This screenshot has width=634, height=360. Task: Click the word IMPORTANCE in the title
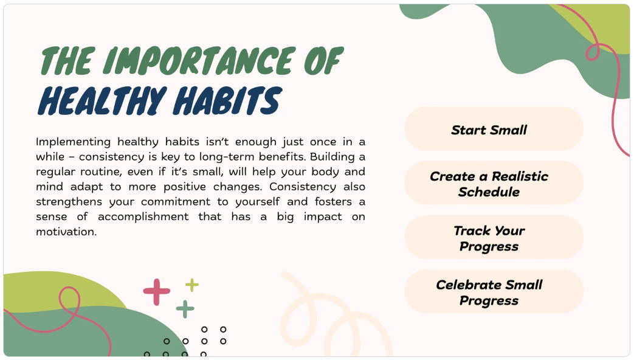click(200, 61)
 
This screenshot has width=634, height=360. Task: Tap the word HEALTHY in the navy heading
click(102, 101)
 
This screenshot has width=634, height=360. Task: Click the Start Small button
click(494, 129)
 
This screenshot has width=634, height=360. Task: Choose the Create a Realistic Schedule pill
click(494, 183)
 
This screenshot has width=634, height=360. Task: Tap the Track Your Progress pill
click(494, 237)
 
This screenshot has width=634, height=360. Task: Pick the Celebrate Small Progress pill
click(494, 292)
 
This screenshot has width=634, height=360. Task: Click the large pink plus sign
click(156, 292)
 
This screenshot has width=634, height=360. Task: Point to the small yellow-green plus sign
click(191, 285)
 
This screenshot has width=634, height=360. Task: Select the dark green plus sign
click(185, 309)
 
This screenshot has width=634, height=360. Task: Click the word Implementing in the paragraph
click(73, 142)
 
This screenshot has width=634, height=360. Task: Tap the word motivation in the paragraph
click(66, 232)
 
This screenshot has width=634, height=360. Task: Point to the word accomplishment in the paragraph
click(143, 217)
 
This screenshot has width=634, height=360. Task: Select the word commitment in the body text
click(176, 202)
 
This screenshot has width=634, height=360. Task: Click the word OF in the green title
click(323, 61)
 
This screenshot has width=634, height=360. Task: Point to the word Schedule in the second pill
click(489, 192)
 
